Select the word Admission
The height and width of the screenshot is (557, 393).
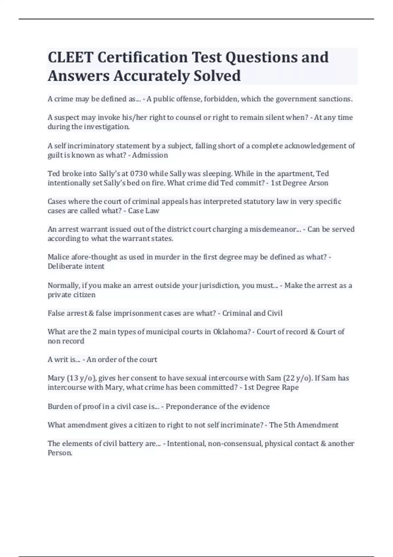coord(150,155)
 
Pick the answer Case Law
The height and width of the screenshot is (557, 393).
coord(143,211)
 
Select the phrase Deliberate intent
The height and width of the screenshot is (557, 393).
coord(76,266)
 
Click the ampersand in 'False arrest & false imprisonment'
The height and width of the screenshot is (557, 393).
coord(91,313)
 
